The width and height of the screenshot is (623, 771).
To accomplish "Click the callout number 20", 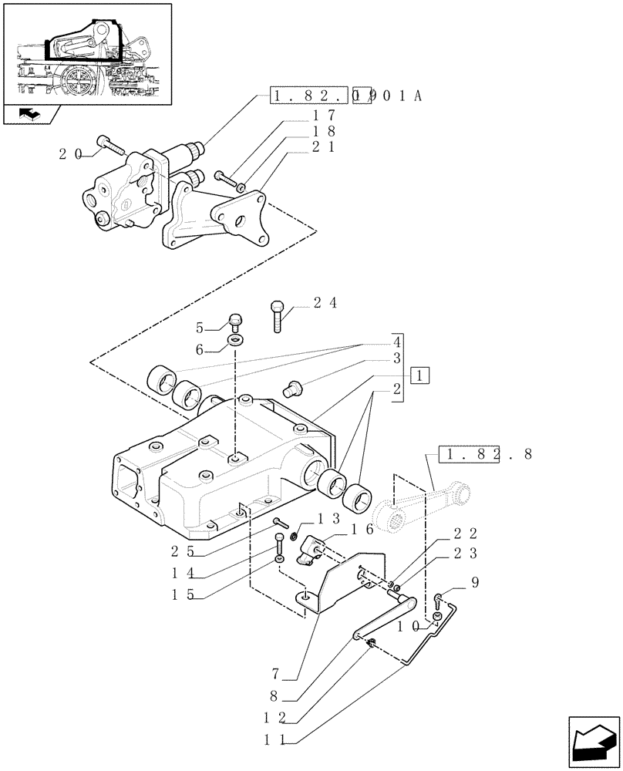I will (x=70, y=154).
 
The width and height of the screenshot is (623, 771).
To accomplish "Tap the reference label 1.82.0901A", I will (x=347, y=97).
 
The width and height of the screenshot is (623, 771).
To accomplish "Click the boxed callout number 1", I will (x=419, y=376).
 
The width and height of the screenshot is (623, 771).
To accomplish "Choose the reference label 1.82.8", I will (x=485, y=454).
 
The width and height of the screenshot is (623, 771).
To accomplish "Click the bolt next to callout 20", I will (x=108, y=144).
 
